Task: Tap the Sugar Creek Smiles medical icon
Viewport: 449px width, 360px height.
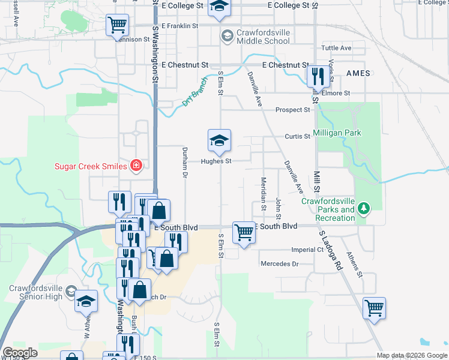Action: pos(136,165)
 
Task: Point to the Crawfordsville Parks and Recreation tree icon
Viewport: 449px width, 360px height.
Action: pos(363,208)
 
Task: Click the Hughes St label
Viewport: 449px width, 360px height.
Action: pos(216,161)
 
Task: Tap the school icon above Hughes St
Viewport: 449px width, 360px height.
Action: pos(219,142)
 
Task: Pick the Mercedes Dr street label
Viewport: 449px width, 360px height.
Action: pos(279,263)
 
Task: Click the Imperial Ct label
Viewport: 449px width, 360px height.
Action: pos(307,250)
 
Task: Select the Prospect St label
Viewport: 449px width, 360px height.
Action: pos(292,110)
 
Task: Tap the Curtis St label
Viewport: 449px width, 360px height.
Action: pos(297,136)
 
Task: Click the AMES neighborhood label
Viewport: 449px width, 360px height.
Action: pos(358,72)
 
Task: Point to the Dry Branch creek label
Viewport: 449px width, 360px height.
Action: pos(194,91)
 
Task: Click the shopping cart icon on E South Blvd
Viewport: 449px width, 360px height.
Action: pos(244,232)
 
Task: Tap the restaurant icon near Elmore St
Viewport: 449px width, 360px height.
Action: pos(316,76)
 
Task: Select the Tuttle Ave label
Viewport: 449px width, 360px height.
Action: pos(336,48)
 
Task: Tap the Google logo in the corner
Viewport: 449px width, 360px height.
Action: pos(20,353)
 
